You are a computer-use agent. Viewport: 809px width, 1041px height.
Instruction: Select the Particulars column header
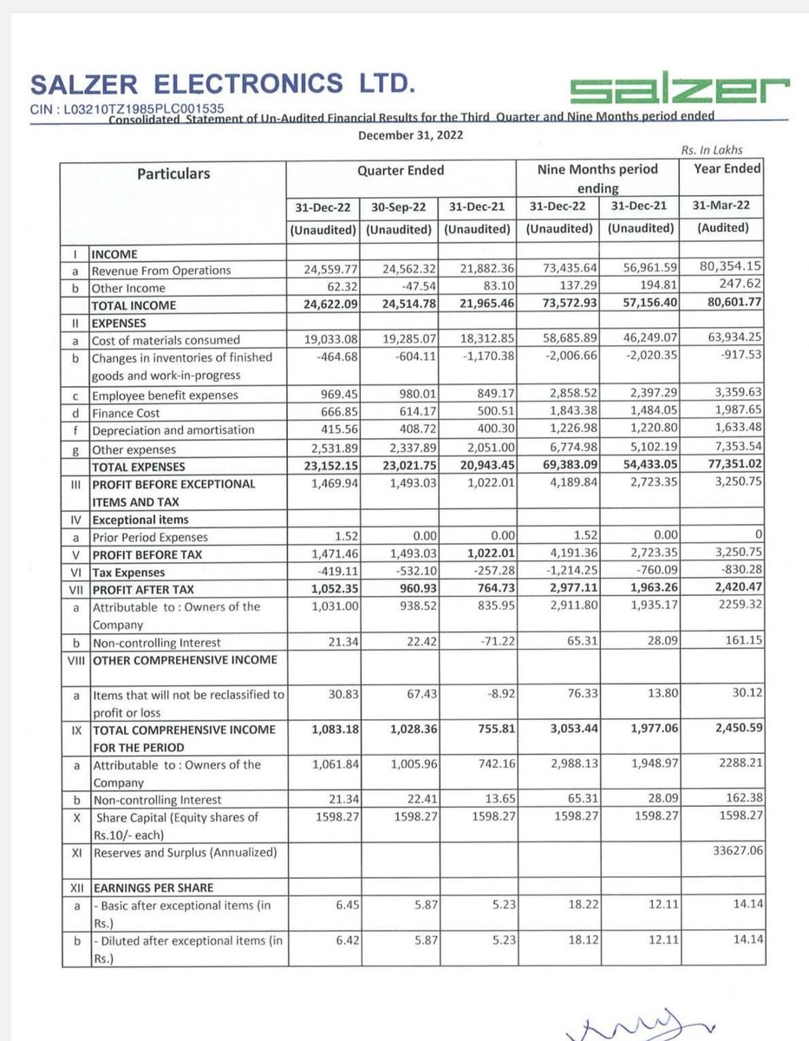point(173,173)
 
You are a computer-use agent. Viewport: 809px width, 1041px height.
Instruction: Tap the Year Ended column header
point(727,169)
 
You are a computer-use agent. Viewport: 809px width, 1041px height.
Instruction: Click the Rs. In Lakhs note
point(711,150)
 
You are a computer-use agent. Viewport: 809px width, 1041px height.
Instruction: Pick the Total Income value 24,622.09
point(323,304)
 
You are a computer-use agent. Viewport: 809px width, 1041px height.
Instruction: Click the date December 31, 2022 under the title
point(410,135)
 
